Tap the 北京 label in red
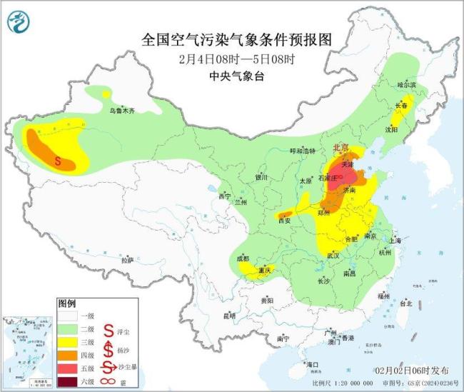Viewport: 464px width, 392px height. point(341,148)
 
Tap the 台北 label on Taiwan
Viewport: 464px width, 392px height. point(405,303)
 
